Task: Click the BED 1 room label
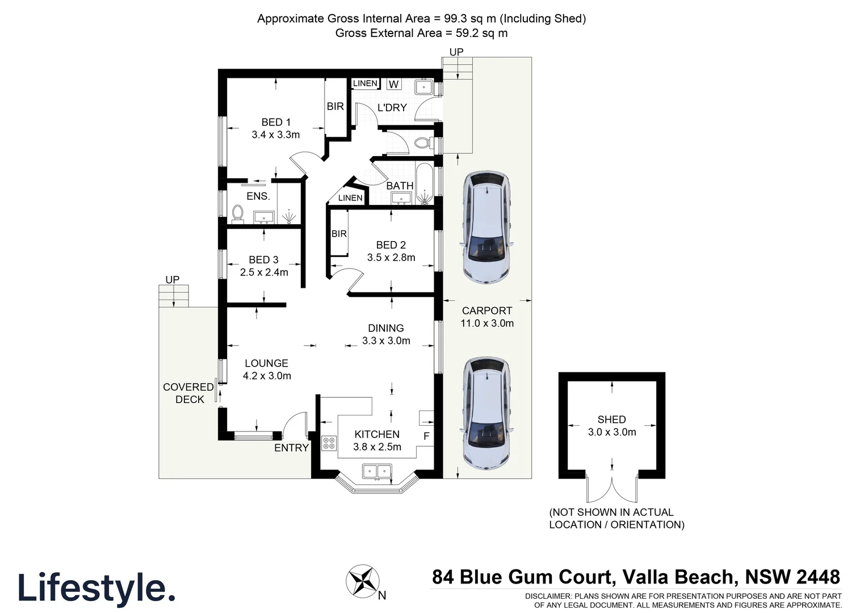(276, 122)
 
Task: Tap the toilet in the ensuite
(238, 213)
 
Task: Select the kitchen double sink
(377, 471)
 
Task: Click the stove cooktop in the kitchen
(329, 443)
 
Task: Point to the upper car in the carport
(487, 227)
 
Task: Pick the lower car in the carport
(487, 413)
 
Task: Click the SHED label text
(611, 419)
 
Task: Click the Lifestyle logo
(96, 588)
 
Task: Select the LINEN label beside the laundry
(365, 83)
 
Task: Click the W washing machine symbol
(394, 85)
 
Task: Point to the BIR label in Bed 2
(339, 234)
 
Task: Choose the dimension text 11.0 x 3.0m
(487, 324)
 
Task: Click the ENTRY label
(291, 448)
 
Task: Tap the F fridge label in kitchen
(426, 436)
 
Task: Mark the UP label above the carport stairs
(456, 52)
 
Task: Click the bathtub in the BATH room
(424, 183)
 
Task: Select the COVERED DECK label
(188, 393)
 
